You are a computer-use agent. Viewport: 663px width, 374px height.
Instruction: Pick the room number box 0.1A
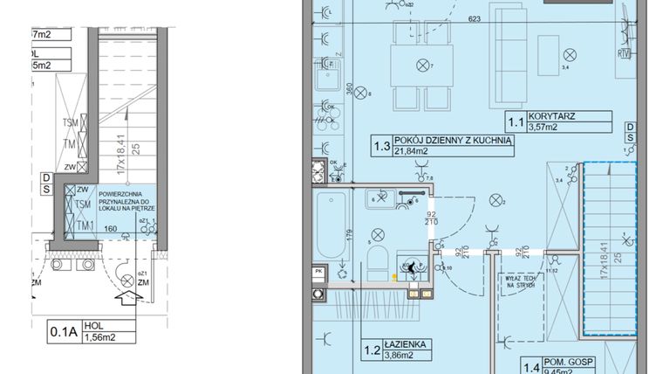(x=63, y=332)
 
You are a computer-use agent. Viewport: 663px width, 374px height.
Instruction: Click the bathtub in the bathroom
(x=331, y=227)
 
